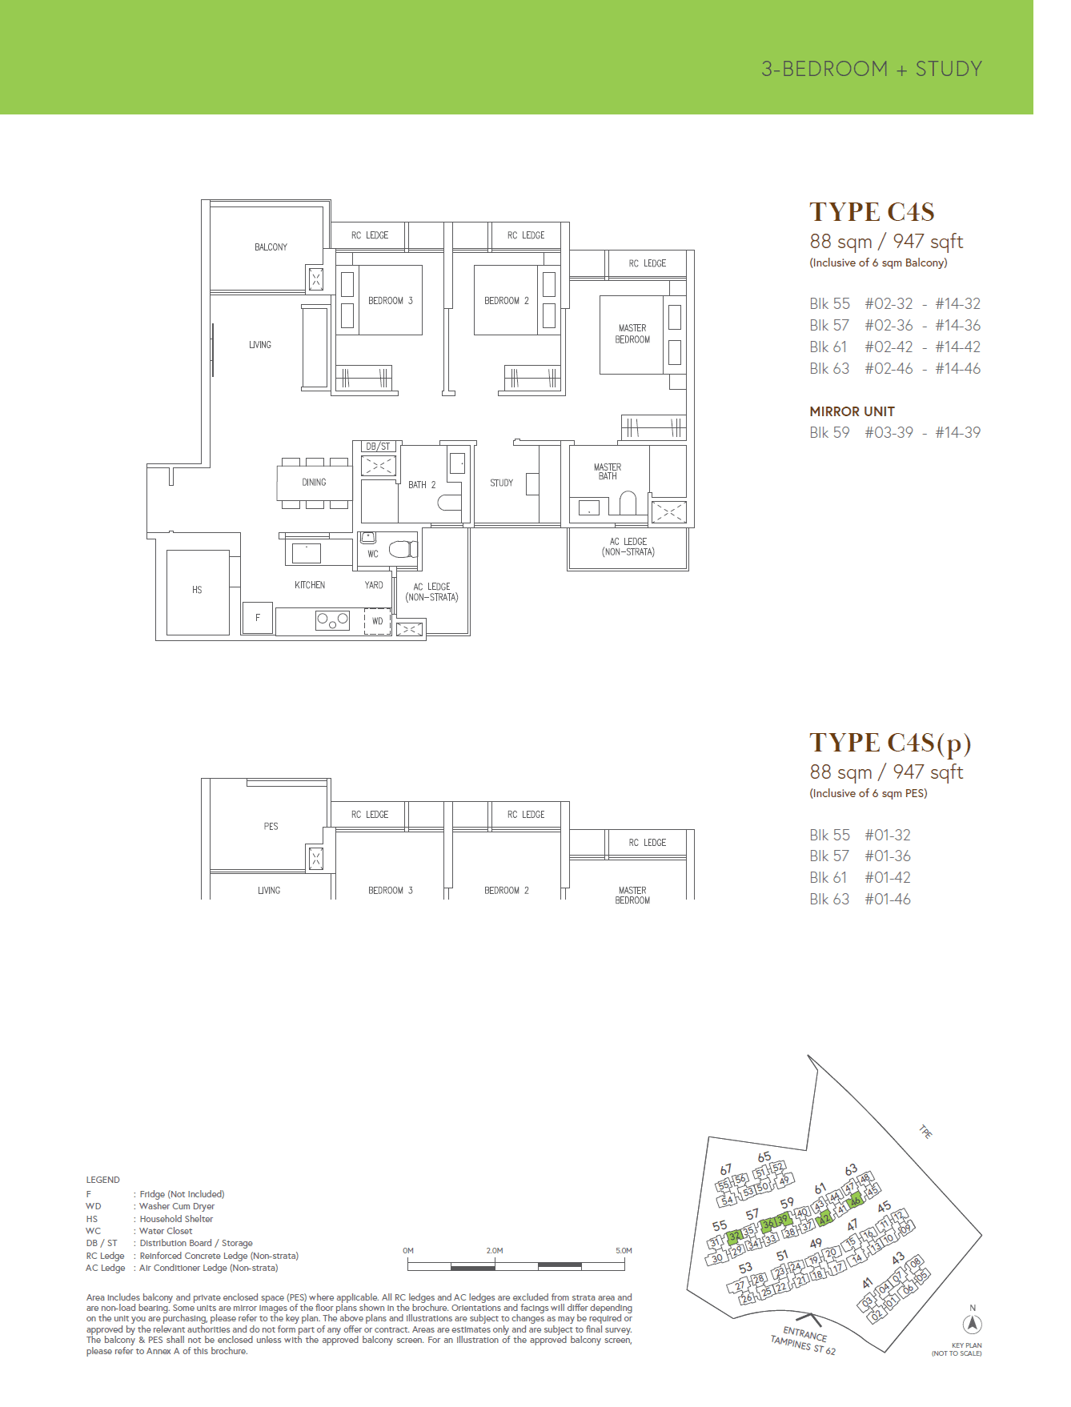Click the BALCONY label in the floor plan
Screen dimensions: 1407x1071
pos(271,247)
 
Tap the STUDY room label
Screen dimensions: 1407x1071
pos(501,483)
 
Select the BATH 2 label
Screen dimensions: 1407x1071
pos(422,485)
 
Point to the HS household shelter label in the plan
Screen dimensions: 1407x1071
pos(197,590)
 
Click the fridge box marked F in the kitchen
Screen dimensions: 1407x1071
pos(258,618)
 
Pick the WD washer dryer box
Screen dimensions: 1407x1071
pos(378,621)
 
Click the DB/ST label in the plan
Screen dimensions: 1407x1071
pos(378,447)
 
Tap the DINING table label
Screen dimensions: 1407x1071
pos(314,483)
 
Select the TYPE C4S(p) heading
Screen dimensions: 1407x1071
pos(890,744)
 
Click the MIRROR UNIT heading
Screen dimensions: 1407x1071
pos(852,411)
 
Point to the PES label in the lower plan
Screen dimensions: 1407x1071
pos(271,826)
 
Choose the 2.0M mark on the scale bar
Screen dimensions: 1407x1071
pos(495,1250)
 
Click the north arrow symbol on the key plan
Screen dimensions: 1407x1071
pos(973,1325)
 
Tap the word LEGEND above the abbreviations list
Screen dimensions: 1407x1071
pos(102,1180)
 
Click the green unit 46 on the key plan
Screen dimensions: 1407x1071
pos(855,1201)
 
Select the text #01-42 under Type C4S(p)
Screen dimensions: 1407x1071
pos(888,878)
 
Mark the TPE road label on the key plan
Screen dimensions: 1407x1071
pos(925,1132)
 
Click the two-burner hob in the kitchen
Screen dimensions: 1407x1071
pos(332,619)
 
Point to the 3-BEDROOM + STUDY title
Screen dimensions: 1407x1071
pos(871,69)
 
